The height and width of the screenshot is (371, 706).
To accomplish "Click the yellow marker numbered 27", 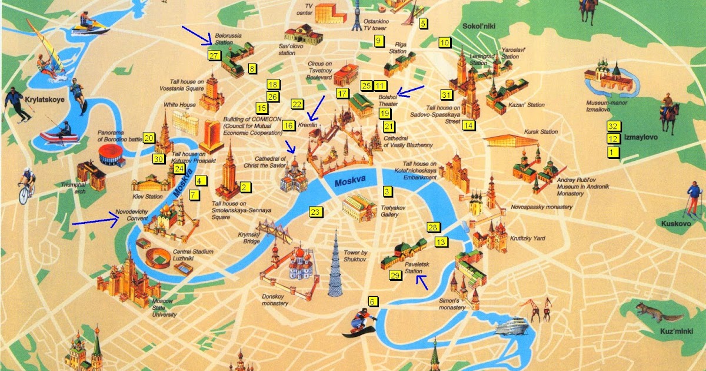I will pos(214,56).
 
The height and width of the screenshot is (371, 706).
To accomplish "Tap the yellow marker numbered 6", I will pos(372,302).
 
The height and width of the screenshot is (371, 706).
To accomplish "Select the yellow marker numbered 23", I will pos(315,212).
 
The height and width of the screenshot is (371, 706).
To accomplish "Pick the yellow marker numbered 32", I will pos(613,127).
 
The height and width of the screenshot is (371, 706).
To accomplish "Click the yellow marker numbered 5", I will pos(423,24).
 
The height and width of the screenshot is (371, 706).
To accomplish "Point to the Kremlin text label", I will pos(308,125).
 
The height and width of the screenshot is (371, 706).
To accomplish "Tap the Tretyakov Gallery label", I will pos(389,211).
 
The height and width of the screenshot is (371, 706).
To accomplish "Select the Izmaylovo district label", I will pos(641,137).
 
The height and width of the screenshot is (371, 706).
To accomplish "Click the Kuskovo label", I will pos(675,224).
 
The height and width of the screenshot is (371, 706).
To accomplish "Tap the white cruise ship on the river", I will pos(512,325).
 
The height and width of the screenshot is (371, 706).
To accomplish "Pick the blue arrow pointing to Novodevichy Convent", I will pos(95,222).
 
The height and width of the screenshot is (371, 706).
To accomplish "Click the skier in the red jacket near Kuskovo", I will pos(694,198).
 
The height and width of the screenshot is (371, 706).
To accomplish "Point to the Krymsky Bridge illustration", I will pos(273,232).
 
